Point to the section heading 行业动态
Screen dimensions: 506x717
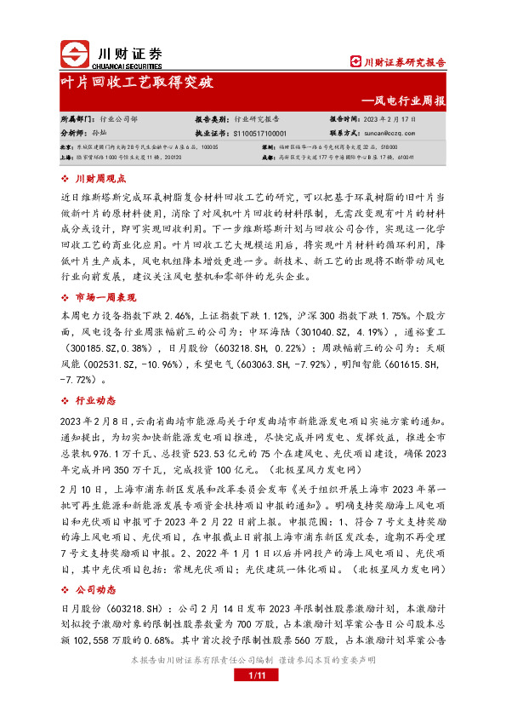pyautogui.click(x=95, y=401)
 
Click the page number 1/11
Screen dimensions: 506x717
pyautogui.click(x=253, y=676)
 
